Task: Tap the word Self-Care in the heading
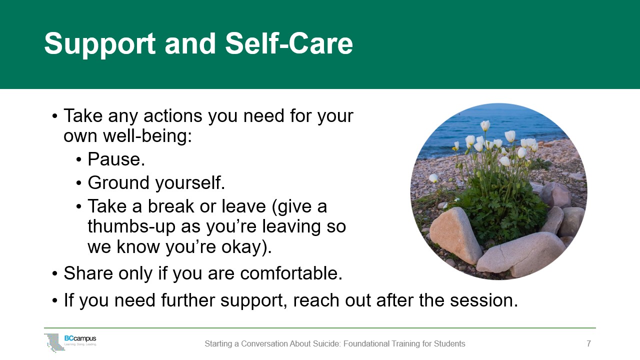pyautogui.click(x=289, y=43)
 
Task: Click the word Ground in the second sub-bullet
pyautogui.click(x=118, y=183)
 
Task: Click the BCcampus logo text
pyautogui.click(x=80, y=338)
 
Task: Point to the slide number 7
pyautogui.click(x=588, y=343)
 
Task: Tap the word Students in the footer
pyautogui.click(x=449, y=343)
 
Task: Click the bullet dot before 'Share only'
pyautogui.click(x=55, y=273)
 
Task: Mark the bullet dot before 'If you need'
pyautogui.click(x=55, y=301)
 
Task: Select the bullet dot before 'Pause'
pyautogui.click(x=79, y=159)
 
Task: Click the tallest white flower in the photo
pyautogui.click(x=485, y=125)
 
